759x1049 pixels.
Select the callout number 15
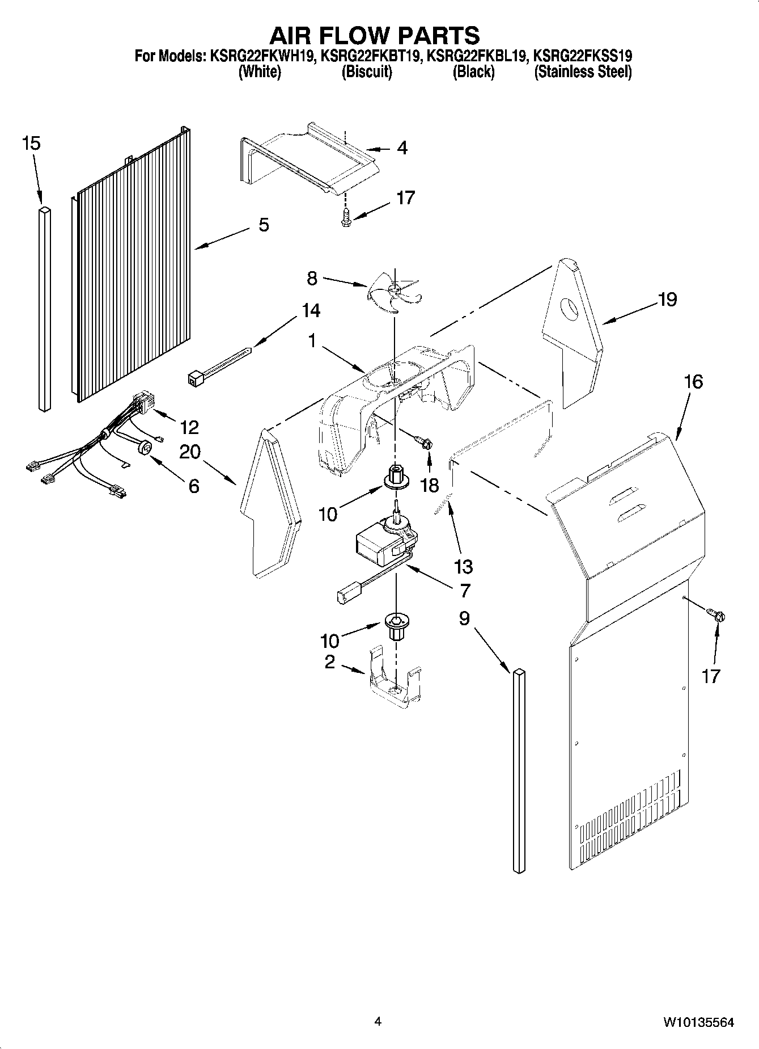[31, 144]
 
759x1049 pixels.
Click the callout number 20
[190, 452]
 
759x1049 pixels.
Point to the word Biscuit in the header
[366, 72]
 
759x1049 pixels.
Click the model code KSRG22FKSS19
[583, 56]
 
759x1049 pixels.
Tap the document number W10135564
[698, 1022]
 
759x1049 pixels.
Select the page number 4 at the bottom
[378, 1022]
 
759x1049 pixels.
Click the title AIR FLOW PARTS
[374, 35]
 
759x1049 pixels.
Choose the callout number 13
[463, 566]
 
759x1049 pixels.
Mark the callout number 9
[464, 618]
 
